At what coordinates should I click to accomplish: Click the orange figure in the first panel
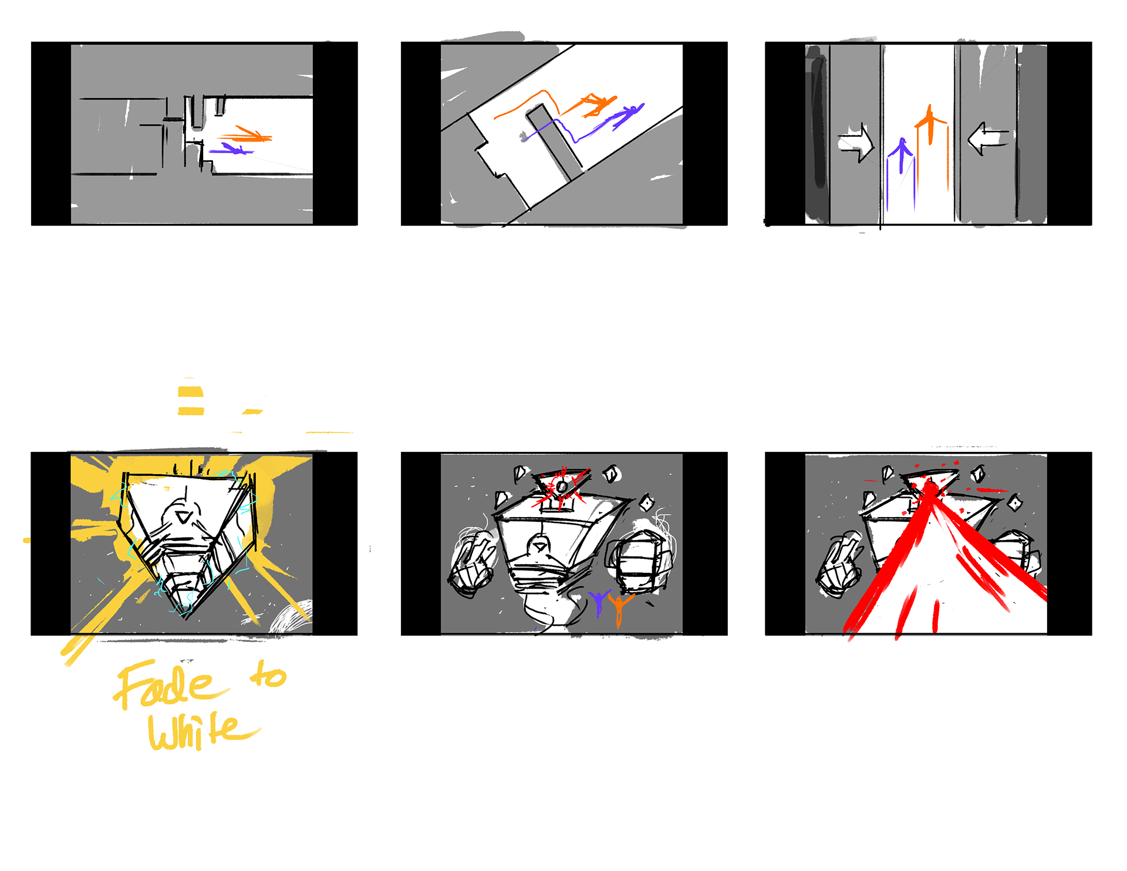(x=247, y=136)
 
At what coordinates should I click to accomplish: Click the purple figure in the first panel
(x=231, y=149)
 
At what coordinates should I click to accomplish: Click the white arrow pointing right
(x=856, y=143)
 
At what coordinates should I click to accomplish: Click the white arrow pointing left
(x=988, y=139)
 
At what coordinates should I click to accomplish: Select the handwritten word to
(x=268, y=675)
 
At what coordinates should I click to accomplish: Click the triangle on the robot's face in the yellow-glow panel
(x=184, y=517)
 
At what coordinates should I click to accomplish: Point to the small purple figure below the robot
(x=599, y=603)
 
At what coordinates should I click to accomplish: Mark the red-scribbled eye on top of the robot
(x=562, y=487)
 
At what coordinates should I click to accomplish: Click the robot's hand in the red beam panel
(x=839, y=564)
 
